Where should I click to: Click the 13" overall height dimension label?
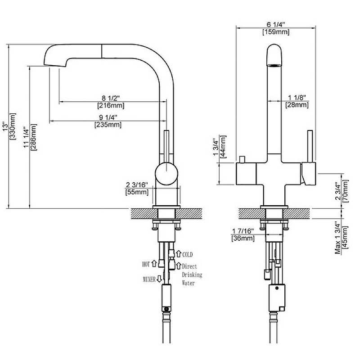click(5, 126)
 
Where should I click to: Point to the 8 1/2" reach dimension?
click(111, 98)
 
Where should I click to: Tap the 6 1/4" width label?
click(275, 25)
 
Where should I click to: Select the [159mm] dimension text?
click(275, 32)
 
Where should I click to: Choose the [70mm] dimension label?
click(345, 191)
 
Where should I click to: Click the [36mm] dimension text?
click(243, 238)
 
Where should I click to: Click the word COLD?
click(187, 255)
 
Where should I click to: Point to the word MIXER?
click(149, 279)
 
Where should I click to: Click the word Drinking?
click(192, 274)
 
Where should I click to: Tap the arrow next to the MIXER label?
click(159, 279)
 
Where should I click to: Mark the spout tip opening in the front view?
click(275, 66)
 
